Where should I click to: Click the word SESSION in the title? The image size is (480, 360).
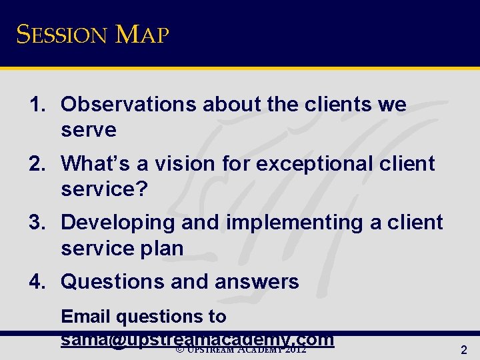tap(61, 34)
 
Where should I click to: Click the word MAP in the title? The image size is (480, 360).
tap(142, 34)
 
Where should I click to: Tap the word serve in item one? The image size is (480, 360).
tap(89, 131)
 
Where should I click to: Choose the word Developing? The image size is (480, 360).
tap(117, 223)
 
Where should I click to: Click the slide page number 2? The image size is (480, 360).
tap(464, 349)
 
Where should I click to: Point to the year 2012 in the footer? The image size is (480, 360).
tap(295, 349)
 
